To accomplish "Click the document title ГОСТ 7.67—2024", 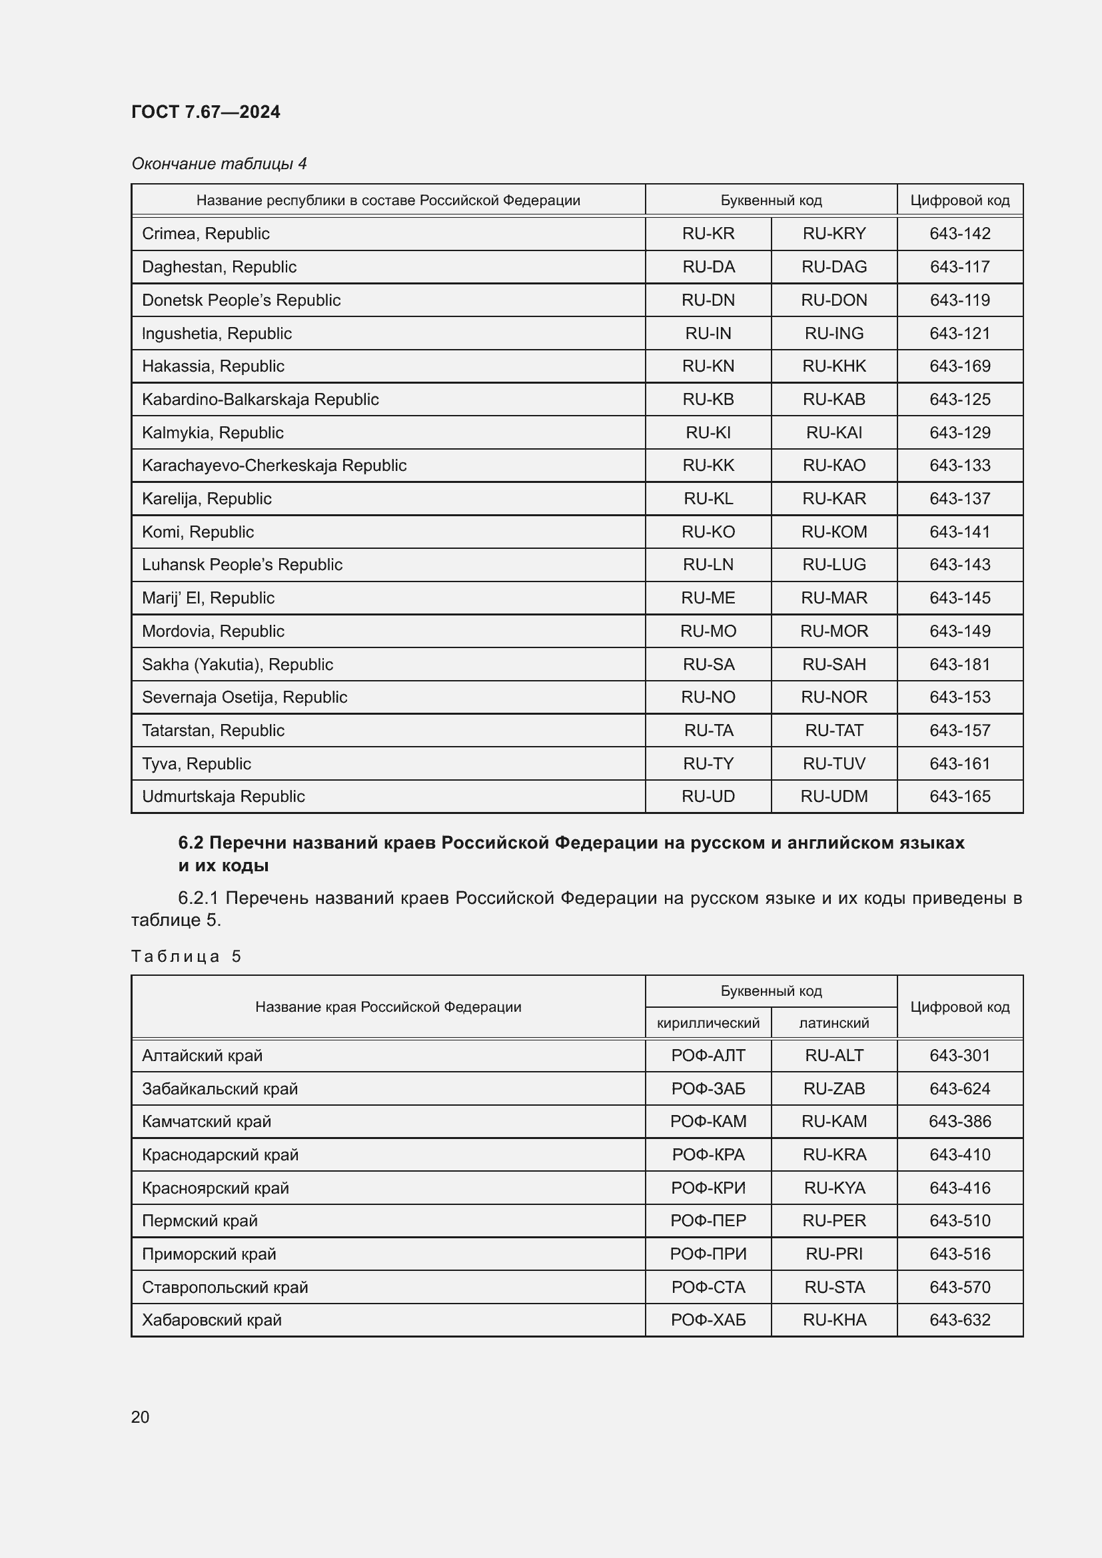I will coord(206,112).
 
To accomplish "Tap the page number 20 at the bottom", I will coord(140,1417).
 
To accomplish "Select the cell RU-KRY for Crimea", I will coord(834,233).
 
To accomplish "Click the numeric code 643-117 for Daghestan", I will coord(959,266).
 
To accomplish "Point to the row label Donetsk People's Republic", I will coord(241,300).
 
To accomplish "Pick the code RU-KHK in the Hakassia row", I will coord(834,366).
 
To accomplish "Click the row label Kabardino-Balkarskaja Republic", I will coord(260,399).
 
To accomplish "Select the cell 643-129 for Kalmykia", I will coord(959,432).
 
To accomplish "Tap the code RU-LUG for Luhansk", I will coord(834,565).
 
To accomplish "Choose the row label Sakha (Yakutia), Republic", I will coord(237,664).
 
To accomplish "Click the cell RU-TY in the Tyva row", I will coord(708,763).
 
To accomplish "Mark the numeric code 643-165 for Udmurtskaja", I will coord(959,796).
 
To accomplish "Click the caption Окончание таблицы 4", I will coord(219,164).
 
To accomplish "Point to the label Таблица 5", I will coord(186,956).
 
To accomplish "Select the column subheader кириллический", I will coord(708,1023).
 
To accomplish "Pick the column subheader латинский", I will coord(834,1023).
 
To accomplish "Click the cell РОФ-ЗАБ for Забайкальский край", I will coord(708,1088).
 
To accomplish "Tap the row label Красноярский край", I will coord(215,1188).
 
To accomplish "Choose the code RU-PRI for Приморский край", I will coord(834,1254).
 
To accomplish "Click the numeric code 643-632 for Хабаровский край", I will coord(959,1320).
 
